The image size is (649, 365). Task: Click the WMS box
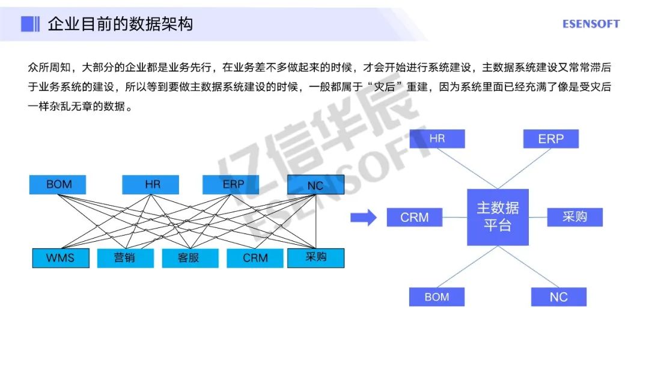pyautogui.click(x=60, y=258)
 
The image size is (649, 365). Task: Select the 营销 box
pyautogui.click(x=125, y=258)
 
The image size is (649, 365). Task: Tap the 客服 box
pyautogui.click(x=189, y=258)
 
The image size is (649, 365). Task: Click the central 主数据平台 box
pyautogui.click(x=498, y=216)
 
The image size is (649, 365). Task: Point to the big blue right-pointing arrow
pyautogui.click(x=363, y=217)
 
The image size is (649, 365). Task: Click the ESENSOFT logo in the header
pyautogui.click(x=591, y=24)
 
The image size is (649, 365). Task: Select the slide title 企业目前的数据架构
pyautogui.click(x=120, y=24)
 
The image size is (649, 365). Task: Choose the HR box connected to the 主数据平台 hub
pyautogui.click(x=437, y=139)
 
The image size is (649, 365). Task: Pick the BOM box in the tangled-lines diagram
pyautogui.click(x=58, y=185)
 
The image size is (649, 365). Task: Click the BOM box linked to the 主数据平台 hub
pyautogui.click(x=437, y=296)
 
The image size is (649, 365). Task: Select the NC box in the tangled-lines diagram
pyautogui.click(x=315, y=185)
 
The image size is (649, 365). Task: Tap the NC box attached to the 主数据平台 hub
pyautogui.click(x=558, y=296)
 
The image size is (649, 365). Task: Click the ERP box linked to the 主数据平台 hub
pyautogui.click(x=550, y=139)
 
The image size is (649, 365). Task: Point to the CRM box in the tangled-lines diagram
pyautogui.click(x=255, y=258)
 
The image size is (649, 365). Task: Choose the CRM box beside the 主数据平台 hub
pyautogui.click(x=415, y=217)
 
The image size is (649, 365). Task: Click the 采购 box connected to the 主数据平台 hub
pyautogui.click(x=574, y=217)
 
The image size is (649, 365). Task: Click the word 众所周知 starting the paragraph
pyautogui.click(x=47, y=66)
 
